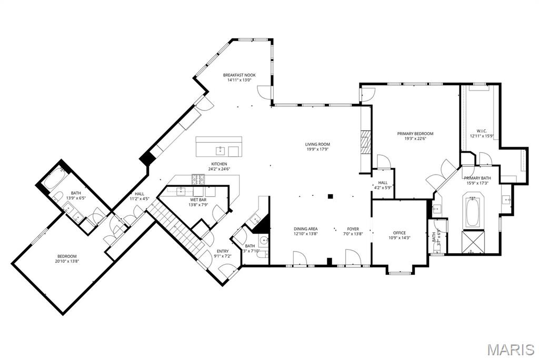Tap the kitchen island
tap(219, 147)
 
